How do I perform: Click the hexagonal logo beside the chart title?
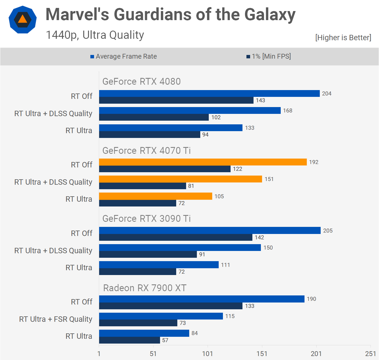[23, 20]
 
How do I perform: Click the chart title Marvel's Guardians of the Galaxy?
[171, 14]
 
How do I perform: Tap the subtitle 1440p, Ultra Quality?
[95, 35]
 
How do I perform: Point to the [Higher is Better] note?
[343, 38]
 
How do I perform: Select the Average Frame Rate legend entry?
[124, 56]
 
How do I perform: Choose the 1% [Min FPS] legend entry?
[269, 56]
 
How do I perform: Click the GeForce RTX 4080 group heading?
[141, 82]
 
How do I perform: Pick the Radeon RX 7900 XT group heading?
[145, 288]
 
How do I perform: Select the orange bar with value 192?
[203, 162]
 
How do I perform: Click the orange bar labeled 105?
[156, 196]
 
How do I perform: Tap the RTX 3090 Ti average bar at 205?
[210, 231]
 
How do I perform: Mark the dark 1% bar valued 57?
[129, 340]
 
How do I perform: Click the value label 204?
[327, 94]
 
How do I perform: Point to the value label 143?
[260, 101]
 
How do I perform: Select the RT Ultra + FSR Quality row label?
[56, 319]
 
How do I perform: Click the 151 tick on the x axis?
[262, 353]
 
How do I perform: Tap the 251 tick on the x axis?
[370, 353]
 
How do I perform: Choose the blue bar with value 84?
[144, 333]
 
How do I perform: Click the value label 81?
[191, 186]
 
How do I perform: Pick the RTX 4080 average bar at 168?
[190, 110]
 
